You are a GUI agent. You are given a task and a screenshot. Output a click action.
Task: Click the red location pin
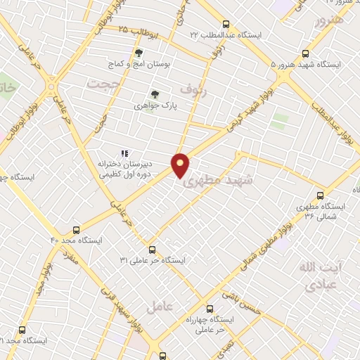(x=181, y=165)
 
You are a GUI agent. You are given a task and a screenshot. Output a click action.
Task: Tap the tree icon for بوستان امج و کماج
(x=138, y=53)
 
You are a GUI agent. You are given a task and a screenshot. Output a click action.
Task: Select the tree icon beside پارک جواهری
(x=155, y=94)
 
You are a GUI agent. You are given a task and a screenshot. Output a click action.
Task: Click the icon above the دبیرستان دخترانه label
(x=124, y=153)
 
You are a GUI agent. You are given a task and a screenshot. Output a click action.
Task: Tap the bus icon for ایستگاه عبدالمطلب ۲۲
(x=225, y=23)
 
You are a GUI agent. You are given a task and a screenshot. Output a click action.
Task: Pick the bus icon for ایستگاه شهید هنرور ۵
(x=305, y=53)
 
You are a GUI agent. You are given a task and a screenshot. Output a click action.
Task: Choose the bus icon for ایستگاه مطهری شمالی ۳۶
(x=320, y=195)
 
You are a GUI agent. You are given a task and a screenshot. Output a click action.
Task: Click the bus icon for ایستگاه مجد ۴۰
(x=76, y=230)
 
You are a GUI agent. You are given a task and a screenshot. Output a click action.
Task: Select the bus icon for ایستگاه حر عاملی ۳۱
(x=152, y=250)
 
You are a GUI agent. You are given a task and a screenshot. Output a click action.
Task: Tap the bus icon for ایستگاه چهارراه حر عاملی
(x=209, y=308)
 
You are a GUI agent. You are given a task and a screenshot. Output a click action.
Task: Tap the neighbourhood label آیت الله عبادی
(x=319, y=276)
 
